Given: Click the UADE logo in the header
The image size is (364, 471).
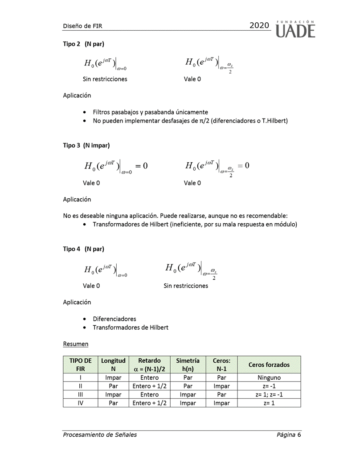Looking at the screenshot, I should tap(295, 29).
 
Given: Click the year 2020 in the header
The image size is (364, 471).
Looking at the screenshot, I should tap(259, 26).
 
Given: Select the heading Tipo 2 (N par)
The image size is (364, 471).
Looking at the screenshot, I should tap(83, 44).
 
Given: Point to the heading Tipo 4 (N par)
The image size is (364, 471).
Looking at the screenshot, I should tap(83, 249).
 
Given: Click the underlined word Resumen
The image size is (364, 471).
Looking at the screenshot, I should tap(76, 344).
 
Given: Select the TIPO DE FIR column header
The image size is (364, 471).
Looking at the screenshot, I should tap(80, 365).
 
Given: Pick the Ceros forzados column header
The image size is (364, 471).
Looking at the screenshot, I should tap(269, 365).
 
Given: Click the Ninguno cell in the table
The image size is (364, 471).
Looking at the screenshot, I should tap(269, 378).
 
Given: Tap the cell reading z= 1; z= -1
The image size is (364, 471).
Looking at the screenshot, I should tap(269, 395).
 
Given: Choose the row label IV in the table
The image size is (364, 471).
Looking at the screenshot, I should tap(80, 403).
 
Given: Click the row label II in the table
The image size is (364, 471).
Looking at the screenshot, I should tap(80, 386).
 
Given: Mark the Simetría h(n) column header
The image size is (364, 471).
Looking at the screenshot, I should tap(188, 365).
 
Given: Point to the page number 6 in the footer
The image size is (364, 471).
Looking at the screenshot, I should tap(299, 435).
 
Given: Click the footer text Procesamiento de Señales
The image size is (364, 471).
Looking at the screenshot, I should tap(100, 435).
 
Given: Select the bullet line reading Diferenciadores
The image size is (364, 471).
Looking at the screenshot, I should tap(115, 319).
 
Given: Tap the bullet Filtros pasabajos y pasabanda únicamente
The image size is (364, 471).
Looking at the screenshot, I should tap(150, 112).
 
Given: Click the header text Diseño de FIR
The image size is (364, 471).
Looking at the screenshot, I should tap(82, 26).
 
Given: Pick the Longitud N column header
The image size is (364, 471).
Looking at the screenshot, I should tap(113, 365).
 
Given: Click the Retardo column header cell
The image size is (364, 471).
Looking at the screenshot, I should tap(149, 365).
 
